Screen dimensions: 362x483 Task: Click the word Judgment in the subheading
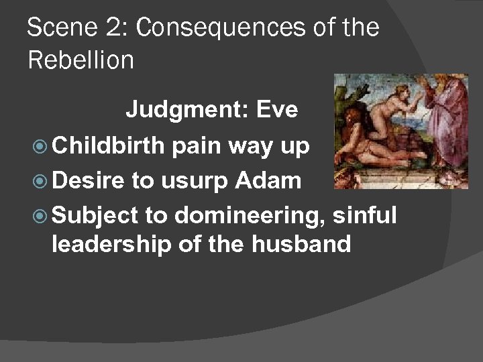coord(180,109)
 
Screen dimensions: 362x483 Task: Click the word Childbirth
coord(107,146)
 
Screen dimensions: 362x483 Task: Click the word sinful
coord(366,215)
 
